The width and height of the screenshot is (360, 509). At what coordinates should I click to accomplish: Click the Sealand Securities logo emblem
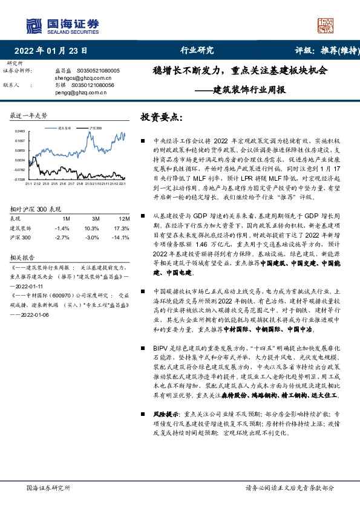tap(34, 25)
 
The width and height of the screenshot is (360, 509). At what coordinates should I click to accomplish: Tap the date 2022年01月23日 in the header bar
tap(50, 51)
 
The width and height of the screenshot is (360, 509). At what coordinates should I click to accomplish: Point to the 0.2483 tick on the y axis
tap(21, 131)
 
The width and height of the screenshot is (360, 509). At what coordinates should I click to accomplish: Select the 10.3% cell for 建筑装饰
tap(91, 228)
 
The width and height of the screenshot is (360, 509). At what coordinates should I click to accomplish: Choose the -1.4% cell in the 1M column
tap(62, 228)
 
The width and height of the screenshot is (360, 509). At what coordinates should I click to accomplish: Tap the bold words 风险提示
tap(167, 414)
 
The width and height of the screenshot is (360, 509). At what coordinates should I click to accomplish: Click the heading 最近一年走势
tap(29, 115)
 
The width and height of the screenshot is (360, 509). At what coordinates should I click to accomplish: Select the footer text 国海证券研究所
tap(48, 487)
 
